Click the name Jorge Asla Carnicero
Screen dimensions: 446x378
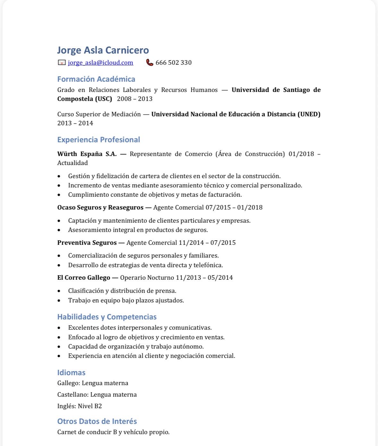pos(103,50)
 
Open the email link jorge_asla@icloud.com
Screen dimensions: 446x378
pos(100,63)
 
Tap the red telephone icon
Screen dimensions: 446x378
pos(149,62)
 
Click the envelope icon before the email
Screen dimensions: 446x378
pos(62,62)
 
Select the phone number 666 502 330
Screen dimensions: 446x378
pos(173,63)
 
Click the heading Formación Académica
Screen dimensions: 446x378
pos(96,79)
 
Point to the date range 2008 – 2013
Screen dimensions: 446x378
pos(135,99)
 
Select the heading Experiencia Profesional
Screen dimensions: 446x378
pos(98,140)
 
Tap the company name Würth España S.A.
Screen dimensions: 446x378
pos(87,154)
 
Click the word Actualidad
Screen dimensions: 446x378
pos(72,163)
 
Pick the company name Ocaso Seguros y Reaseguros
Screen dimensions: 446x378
pos(100,208)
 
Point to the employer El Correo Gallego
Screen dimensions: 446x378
pos(84,278)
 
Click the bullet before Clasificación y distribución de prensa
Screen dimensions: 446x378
pos(59,291)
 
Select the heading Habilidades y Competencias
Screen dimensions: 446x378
pos(107,317)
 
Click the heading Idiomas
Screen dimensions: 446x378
pos(71,373)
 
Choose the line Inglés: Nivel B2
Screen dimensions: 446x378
pos(80,406)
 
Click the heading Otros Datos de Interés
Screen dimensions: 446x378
pos(97,421)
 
